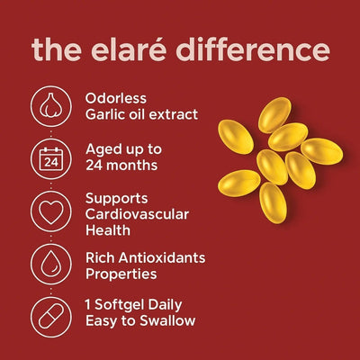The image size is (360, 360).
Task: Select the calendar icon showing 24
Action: tap(51, 158)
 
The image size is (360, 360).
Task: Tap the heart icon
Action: tap(51, 211)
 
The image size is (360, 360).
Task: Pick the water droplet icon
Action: tap(51, 265)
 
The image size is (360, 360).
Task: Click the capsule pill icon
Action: tap(51, 316)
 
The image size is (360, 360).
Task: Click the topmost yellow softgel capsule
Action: tap(274, 113)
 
